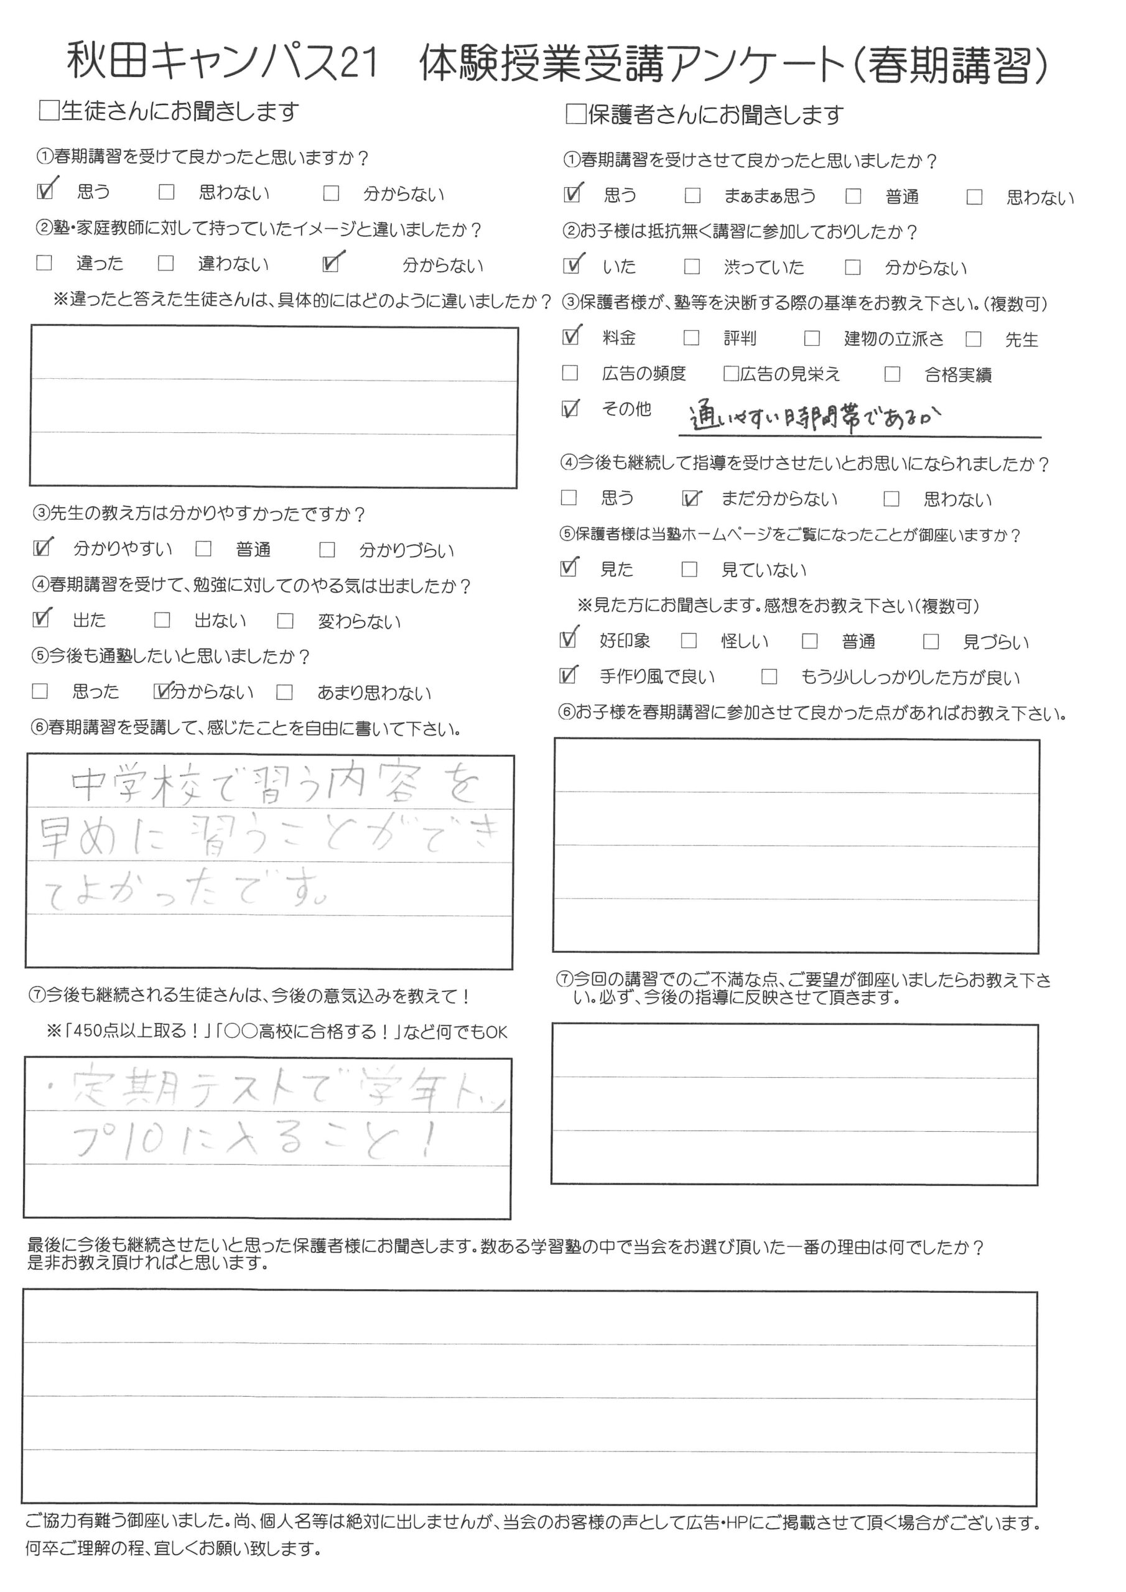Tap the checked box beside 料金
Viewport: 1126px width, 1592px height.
pyautogui.click(x=571, y=338)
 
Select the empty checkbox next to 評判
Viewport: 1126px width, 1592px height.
pyautogui.click(x=691, y=338)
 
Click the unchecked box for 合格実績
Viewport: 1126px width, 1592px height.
pyautogui.click(x=892, y=374)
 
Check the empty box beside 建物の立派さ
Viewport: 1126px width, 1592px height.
pyautogui.click(x=812, y=338)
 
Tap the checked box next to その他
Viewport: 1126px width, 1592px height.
pyautogui.click(x=570, y=409)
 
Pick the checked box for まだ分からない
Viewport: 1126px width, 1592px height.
pyautogui.click(x=691, y=499)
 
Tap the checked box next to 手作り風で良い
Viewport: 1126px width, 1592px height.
pyautogui.click(x=568, y=675)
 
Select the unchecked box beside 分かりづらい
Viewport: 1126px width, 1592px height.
pyautogui.click(x=327, y=550)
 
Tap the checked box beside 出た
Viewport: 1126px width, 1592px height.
pyautogui.click(x=42, y=619)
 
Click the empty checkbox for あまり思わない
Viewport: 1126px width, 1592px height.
pyautogui.click(x=284, y=692)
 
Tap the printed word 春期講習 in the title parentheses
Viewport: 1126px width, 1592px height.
pyautogui.click(x=947, y=67)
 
